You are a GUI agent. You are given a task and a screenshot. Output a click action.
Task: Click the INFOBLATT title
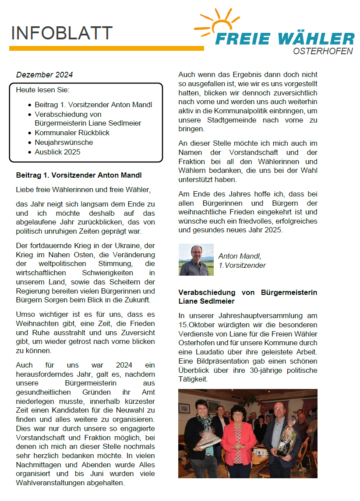pyautogui.click(x=61, y=33)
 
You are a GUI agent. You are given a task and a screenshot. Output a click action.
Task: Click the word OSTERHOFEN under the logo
pyautogui.click(x=323, y=51)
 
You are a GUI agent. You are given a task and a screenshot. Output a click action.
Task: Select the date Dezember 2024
pyautogui.click(x=44, y=75)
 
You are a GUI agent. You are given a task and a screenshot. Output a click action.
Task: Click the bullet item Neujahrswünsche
pyautogui.click(x=64, y=142)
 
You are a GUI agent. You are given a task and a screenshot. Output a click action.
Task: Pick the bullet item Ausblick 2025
pyautogui.click(x=57, y=152)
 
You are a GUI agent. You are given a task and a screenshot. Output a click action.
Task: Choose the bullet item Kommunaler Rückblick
pyautogui.click(x=72, y=133)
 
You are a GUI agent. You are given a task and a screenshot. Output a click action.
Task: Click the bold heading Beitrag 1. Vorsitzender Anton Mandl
pyautogui.click(x=79, y=175)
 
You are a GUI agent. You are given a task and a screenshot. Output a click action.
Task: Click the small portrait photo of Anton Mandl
pyautogui.click(x=196, y=259)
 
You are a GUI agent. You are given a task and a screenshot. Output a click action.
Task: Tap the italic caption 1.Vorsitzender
pyautogui.click(x=242, y=265)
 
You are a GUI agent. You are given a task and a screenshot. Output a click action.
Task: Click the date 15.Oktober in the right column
pyautogui.click(x=198, y=325)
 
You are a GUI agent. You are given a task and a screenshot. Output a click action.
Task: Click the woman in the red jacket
pyautogui.click(x=239, y=442)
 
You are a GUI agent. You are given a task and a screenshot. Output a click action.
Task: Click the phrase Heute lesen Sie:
pyautogui.click(x=43, y=90)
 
